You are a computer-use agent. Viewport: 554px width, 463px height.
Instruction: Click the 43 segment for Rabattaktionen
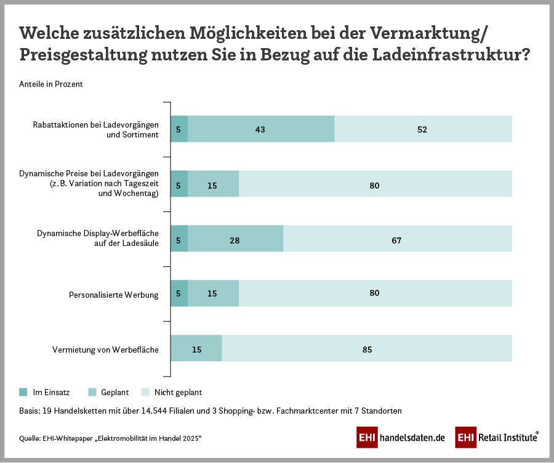tap(260, 129)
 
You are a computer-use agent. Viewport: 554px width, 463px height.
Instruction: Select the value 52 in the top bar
tap(422, 129)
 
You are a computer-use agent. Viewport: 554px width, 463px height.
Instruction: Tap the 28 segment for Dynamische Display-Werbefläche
tap(235, 240)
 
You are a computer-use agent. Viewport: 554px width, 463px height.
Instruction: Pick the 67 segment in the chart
tap(396, 240)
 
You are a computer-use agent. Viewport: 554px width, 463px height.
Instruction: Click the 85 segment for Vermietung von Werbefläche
tap(367, 350)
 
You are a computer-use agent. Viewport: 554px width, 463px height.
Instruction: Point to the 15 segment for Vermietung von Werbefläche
tap(196, 350)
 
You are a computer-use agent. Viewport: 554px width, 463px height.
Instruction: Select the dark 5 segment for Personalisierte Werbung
tap(179, 294)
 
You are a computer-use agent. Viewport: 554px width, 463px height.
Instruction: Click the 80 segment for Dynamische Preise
tap(374, 185)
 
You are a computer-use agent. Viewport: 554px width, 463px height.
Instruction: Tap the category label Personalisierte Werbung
tap(113, 295)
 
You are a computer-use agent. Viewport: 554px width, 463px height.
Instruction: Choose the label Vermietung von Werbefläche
tap(105, 350)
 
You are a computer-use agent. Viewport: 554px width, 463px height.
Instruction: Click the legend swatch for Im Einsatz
tap(23, 392)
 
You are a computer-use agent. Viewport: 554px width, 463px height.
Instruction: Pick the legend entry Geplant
tap(114, 392)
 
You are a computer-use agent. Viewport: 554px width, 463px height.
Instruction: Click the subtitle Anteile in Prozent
tap(51, 84)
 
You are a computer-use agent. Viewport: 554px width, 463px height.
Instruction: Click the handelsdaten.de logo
tap(401, 438)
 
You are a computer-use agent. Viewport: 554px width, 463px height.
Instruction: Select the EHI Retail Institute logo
tap(497, 438)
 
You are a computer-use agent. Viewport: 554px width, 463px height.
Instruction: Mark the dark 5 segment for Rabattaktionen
tap(179, 129)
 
